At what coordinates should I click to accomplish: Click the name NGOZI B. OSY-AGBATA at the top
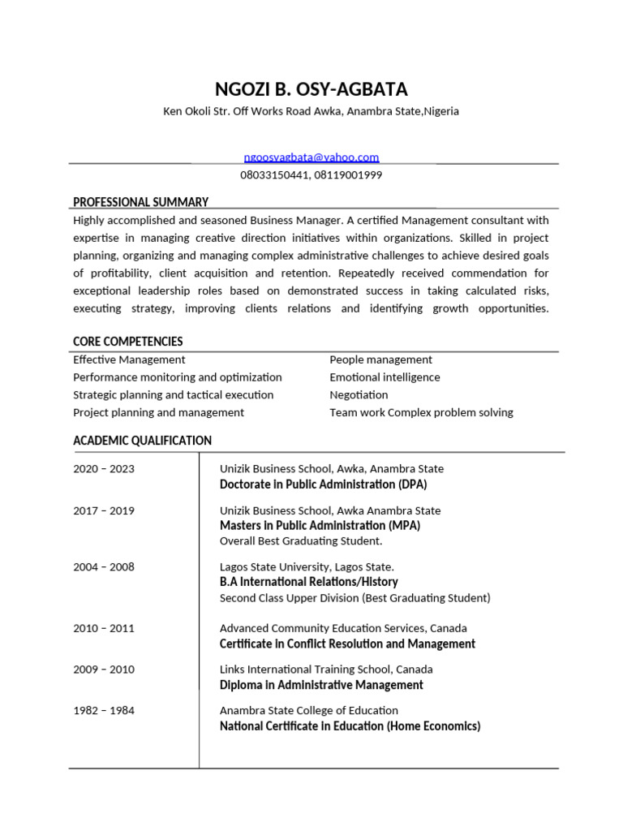(311, 88)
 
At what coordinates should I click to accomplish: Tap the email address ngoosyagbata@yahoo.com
(311, 157)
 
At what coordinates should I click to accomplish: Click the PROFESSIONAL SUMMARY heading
(140, 202)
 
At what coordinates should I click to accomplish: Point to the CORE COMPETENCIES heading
(127, 342)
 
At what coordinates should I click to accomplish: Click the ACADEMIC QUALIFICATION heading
(142, 441)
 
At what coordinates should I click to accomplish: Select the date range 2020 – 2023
(104, 469)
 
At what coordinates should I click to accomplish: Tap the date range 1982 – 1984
(104, 711)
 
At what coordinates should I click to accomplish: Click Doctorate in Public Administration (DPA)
(323, 484)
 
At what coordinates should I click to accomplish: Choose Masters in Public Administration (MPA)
(320, 525)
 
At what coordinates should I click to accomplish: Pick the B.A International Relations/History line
(308, 582)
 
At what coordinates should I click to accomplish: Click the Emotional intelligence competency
(385, 377)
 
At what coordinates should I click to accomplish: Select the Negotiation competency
(359, 395)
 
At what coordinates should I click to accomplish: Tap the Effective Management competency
(129, 360)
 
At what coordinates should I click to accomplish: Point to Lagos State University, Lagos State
(307, 567)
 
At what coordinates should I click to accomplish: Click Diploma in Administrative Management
(321, 685)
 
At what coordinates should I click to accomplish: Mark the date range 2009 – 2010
(104, 670)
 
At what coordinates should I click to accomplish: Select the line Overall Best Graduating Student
(300, 541)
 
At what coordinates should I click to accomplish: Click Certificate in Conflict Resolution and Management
(347, 644)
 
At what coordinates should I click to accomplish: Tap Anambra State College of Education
(309, 711)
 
